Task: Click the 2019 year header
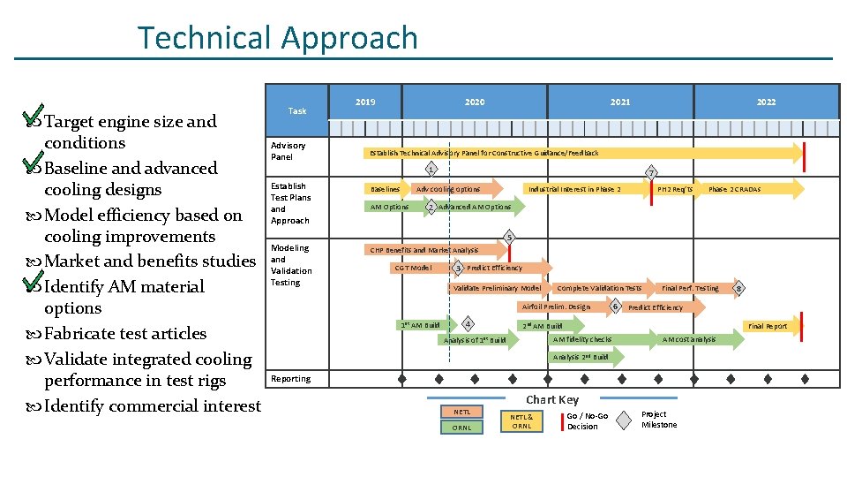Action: pos(365,102)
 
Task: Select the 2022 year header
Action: pos(766,102)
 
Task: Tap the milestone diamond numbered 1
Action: pos(430,169)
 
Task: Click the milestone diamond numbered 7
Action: pos(650,171)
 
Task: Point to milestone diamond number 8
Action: pos(739,288)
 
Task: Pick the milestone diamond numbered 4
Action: pos(468,322)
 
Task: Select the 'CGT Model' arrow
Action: pos(415,268)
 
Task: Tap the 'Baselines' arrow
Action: pos(386,189)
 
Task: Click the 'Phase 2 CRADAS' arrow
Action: pos(746,189)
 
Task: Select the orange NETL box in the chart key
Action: pos(462,412)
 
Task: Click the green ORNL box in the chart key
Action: pos(462,428)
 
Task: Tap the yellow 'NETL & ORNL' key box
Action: pos(522,420)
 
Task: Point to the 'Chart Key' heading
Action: pos(552,399)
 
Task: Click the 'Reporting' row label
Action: pos(291,379)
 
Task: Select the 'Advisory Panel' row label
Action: pos(289,151)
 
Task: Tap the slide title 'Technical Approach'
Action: pos(278,38)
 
